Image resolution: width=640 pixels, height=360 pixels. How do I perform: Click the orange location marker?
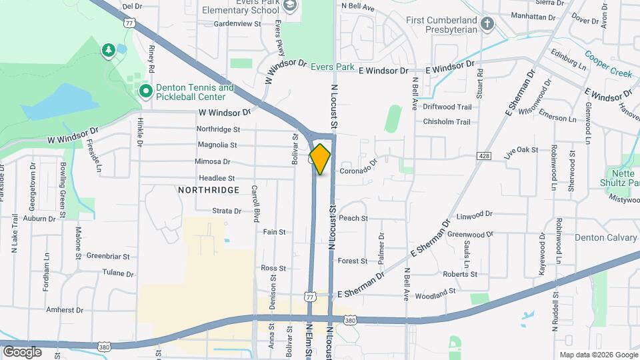pyautogui.click(x=320, y=159)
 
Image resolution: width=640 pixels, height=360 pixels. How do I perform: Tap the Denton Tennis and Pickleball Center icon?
pyautogui.click(x=145, y=90)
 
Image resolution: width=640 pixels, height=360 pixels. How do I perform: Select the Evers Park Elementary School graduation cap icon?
pyautogui.click(x=290, y=6)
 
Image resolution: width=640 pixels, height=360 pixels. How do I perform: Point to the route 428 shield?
pyautogui.click(x=484, y=155)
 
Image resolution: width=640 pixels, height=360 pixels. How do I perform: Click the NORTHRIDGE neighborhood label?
pyautogui.click(x=209, y=190)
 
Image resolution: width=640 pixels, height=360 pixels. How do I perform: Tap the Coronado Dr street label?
pyautogui.click(x=359, y=170)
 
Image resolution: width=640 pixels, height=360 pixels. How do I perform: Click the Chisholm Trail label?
pyautogui.click(x=447, y=122)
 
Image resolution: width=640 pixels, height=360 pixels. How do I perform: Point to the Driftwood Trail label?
pyautogui.click(x=447, y=107)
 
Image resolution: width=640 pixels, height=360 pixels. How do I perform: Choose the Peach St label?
pyautogui.click(x=353, y=218)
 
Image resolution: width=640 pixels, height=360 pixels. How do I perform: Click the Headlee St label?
pyautogui.click(x=217, y=178)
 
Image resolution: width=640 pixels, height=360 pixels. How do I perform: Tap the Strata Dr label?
pyautogui.click(x=227, y=211)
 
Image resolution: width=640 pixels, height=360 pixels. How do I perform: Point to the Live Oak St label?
pyautogui.click(x=521, y=151)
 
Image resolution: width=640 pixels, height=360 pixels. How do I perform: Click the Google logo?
pyautogui.click(x=23, y=351)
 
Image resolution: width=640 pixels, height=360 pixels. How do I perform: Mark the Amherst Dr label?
pyautogui.click(x=65, y=310)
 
